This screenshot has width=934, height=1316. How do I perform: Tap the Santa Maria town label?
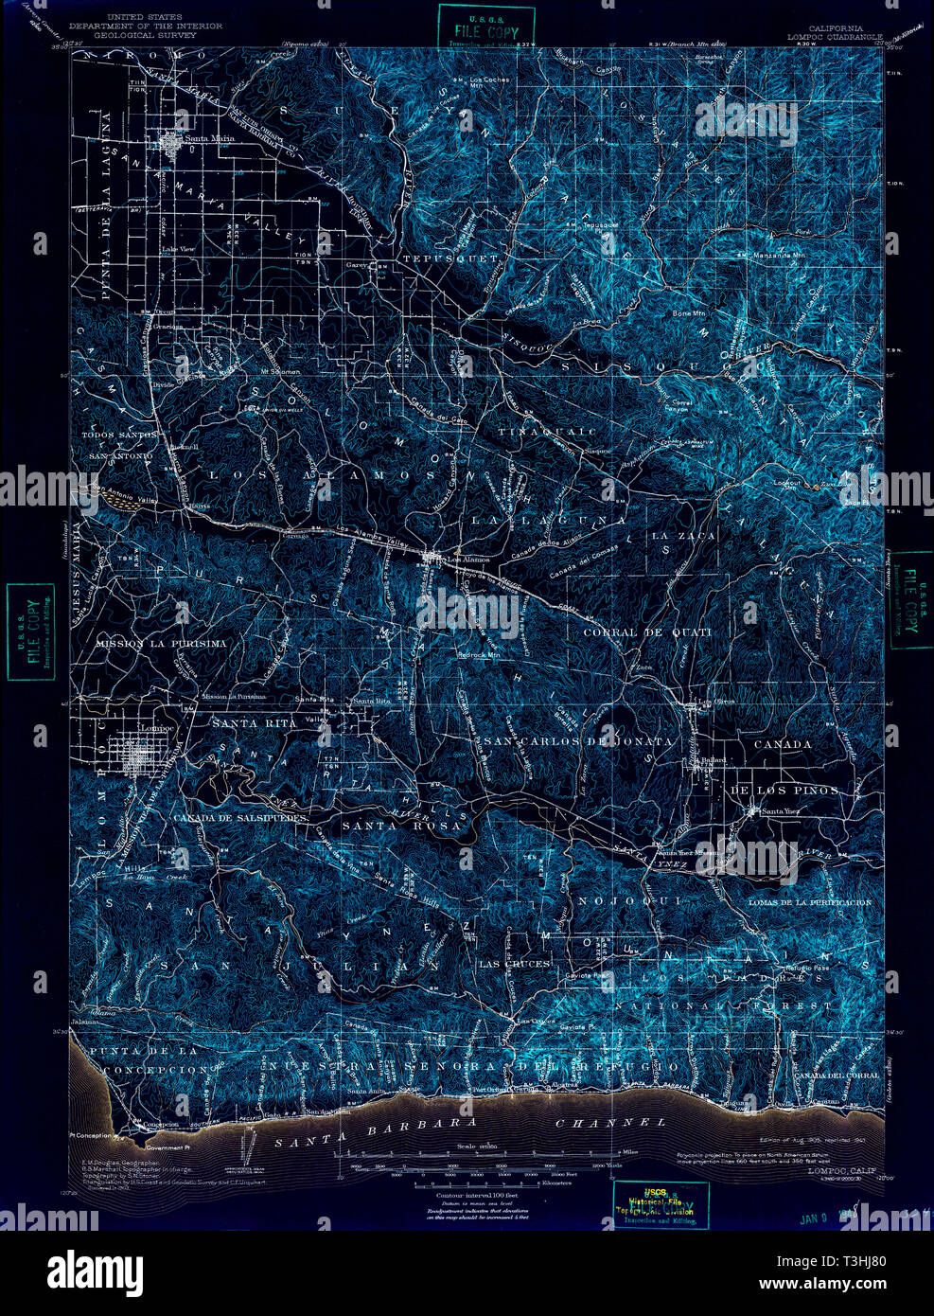pos(209,139)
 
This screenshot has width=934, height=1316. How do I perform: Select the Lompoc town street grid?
pos(143,757)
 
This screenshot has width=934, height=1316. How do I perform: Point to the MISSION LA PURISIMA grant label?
pos(161,643)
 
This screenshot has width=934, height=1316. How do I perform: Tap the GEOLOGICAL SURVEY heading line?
pos(151,34)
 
